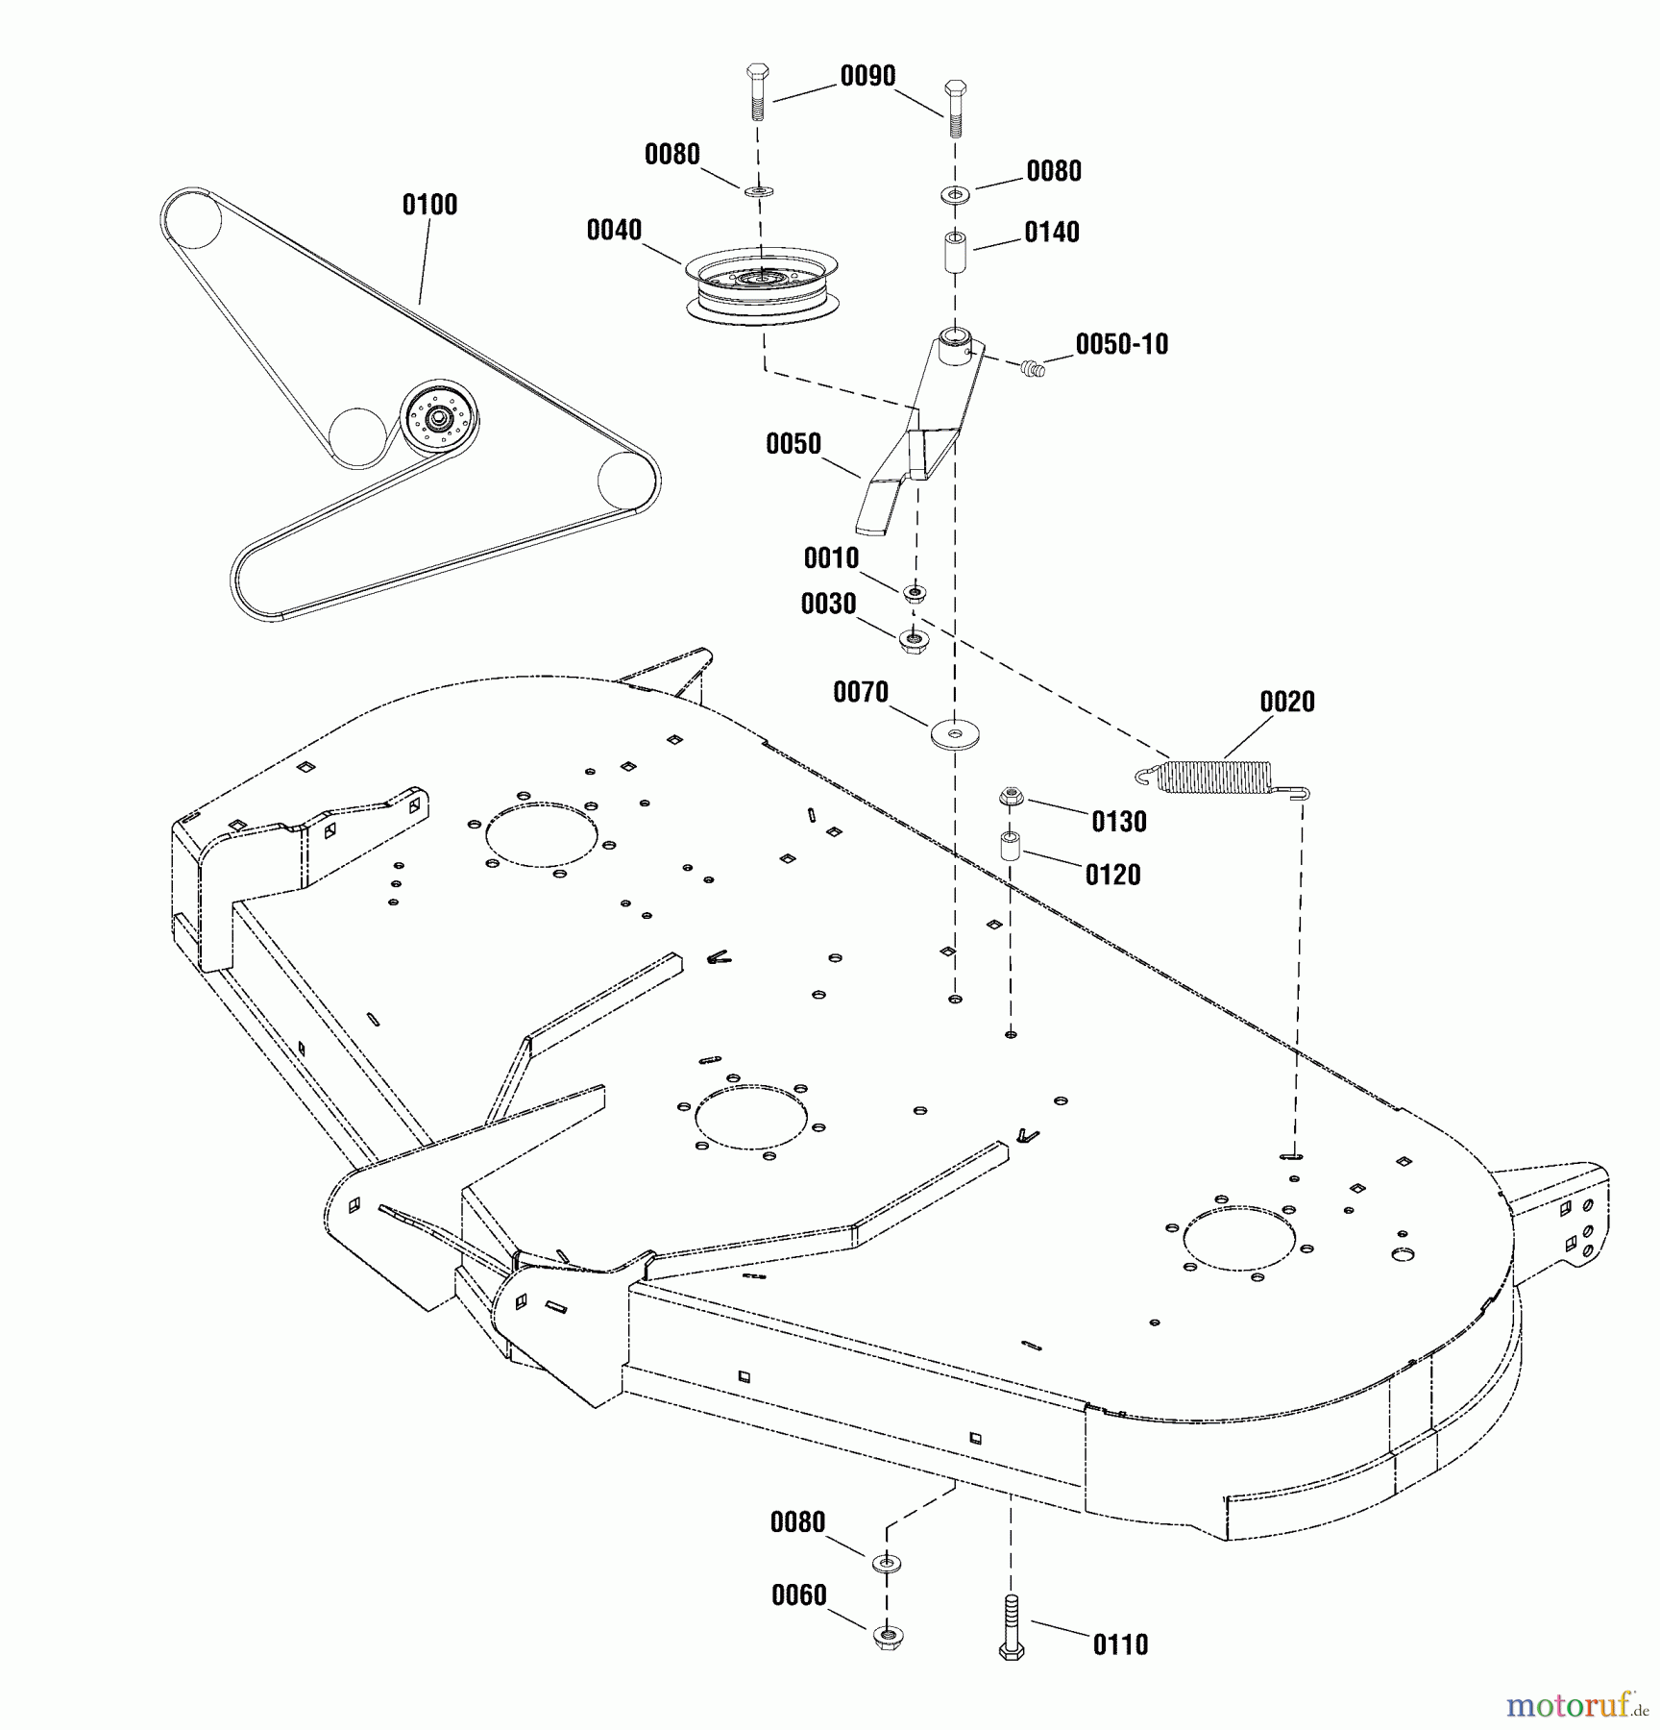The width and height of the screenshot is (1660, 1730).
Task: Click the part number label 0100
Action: click(429, 205)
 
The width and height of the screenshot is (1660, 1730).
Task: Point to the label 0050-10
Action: click(1121, 345)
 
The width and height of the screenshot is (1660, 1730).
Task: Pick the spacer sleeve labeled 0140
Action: click(954, 251)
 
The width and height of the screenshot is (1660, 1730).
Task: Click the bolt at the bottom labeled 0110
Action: click(1011, 1627)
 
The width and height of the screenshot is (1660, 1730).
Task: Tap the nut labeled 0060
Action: click(887, 1636)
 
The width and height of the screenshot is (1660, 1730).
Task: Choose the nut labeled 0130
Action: click(1009, 797)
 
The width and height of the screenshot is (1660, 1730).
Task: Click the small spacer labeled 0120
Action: click(1010, 846)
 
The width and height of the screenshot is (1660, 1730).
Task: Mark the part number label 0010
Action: click(831, 558)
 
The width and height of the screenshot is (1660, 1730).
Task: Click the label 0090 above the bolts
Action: click(867, 77)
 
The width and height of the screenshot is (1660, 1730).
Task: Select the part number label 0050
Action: click(793, 444)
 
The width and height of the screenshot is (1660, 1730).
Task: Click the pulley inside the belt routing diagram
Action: click(439, 419)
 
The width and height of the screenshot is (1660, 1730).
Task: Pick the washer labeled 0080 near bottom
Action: click(887, 1563)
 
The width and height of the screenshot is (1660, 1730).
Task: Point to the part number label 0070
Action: click(860, 692)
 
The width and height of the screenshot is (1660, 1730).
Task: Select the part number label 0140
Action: click(1051, 233)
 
